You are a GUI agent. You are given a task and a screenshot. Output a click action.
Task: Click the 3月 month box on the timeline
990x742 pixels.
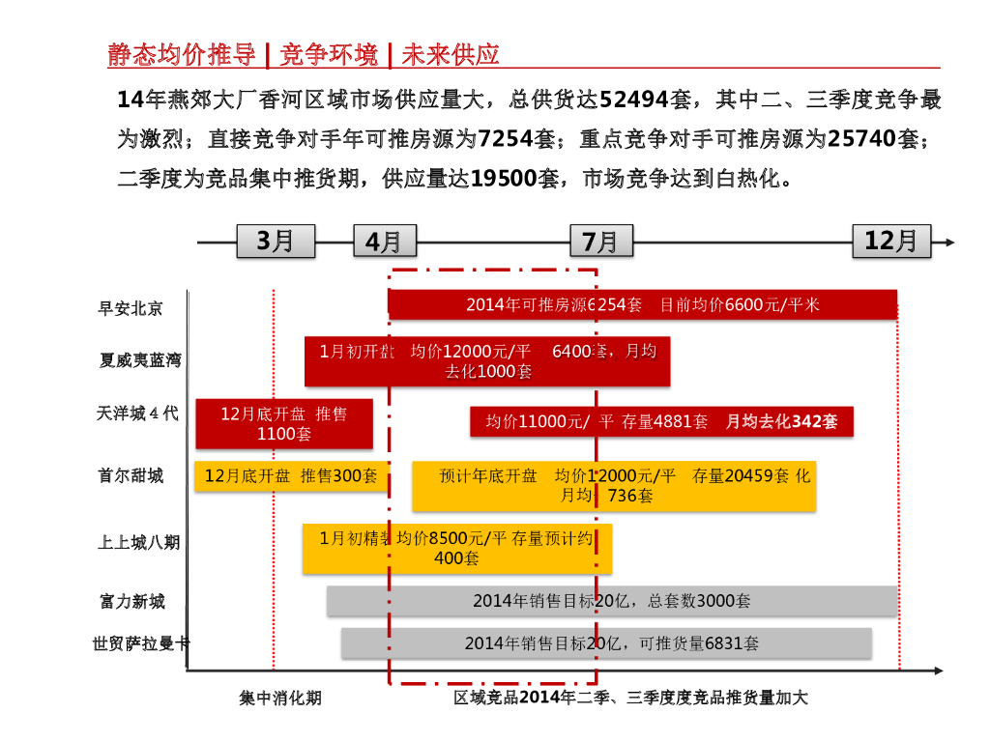coord(276,241)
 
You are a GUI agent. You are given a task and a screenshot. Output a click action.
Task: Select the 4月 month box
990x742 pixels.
coord(385,241)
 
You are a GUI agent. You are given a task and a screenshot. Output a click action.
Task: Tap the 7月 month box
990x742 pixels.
coord(601,241)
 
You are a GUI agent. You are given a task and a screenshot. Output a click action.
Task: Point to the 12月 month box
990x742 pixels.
coord(891,241)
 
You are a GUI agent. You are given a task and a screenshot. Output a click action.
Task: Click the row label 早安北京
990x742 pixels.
coord(131,308)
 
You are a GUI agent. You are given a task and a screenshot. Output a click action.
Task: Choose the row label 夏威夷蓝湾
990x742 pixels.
coord(140,359)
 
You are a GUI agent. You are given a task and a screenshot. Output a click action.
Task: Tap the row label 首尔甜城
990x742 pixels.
coord(131,475)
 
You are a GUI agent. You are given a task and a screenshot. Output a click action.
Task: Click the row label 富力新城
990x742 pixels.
coord(131,601)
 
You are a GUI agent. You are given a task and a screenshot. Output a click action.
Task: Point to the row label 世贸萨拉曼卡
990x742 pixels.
coord(140,642)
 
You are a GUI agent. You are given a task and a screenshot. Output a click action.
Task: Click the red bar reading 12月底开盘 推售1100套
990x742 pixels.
coord(284,424)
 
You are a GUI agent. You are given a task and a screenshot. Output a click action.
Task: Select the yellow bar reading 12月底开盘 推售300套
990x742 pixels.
coord(291,476)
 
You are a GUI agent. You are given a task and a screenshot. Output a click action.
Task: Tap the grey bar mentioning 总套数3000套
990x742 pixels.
coord(612,601)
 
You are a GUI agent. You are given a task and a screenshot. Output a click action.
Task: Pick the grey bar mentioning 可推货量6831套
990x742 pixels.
coord(606,643)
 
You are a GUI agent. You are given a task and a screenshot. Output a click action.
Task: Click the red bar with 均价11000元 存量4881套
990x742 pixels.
coord(662,421)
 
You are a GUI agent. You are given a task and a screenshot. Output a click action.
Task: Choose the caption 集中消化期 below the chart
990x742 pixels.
coord(280,698)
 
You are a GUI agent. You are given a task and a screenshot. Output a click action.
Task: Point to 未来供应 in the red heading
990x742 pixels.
coord(451,55)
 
